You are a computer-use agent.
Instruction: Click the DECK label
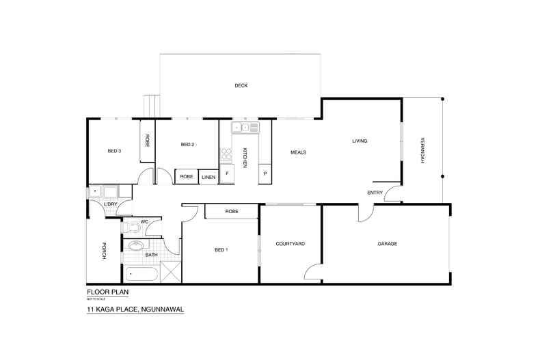pos(241,85)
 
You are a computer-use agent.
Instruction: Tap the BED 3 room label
pos(114,151)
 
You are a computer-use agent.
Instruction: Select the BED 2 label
pos(188,144)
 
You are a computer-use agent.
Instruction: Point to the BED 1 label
pos(221,250)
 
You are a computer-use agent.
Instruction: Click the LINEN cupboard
pos(208,177)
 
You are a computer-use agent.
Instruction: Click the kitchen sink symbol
pos(245,127)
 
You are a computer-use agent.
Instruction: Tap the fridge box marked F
pos(226,174)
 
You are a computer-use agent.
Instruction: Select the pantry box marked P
pos(265,175)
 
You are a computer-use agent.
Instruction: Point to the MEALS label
pos(297,152)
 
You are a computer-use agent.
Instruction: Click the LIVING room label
pos(360,141)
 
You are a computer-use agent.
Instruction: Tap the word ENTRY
pos(375,193)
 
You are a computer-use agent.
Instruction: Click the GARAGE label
pos(387,244)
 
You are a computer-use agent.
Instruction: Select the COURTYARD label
pos(290,244)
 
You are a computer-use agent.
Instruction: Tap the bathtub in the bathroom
pos(142,275)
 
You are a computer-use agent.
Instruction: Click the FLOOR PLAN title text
pos(107,291)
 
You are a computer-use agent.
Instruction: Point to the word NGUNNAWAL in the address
pos(163,309)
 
